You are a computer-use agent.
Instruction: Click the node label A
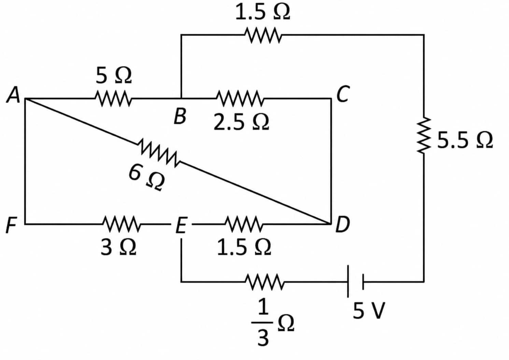(13, 95)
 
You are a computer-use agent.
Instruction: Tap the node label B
(180, 116)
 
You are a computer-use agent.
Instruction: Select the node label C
(342, 94)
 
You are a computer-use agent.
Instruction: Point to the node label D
(343, 225)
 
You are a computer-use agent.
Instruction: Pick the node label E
(182, 225)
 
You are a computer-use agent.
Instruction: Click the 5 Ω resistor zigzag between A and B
(113, 99)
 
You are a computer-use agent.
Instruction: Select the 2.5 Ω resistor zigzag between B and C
(240, 99)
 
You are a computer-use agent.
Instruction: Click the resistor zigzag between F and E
(122, 224)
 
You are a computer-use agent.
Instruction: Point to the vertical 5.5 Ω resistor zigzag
(424, 135)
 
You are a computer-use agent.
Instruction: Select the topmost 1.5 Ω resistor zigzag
(263, 35)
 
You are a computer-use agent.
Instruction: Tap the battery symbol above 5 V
(355, 282)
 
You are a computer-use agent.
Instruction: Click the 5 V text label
(369, 310)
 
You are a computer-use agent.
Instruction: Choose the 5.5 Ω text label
(465, 140)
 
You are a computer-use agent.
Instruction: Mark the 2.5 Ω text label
(242, 122)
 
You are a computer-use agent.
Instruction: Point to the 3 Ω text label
(118, 247)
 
